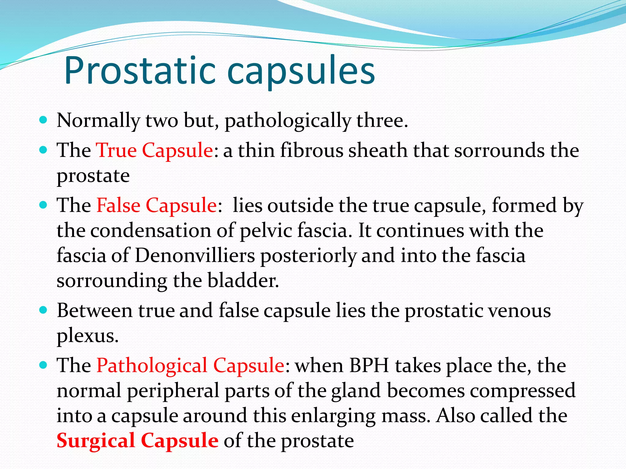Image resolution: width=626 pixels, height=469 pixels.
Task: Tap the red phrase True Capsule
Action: [x=154, y=150]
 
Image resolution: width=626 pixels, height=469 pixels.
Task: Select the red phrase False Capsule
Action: [x=156, y=205]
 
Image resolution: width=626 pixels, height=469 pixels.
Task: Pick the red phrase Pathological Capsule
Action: [x=190, y=365]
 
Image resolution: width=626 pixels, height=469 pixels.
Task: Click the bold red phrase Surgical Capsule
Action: [x=138, y=441]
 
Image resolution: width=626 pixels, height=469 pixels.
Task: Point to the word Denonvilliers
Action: [x=195, y=255]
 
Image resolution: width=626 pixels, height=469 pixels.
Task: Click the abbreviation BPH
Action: [x=369, y=365]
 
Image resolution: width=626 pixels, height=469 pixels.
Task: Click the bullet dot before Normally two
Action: [x=43, y=119]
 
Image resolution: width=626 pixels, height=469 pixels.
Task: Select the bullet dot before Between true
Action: [x=43, y=310]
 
